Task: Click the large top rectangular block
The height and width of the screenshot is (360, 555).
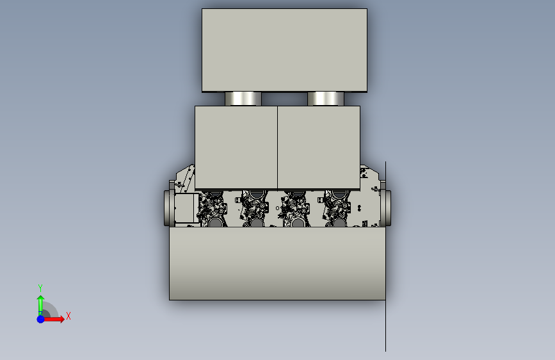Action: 284,50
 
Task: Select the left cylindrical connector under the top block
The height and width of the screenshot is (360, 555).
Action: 243,99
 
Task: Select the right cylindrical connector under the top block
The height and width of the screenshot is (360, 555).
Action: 326,99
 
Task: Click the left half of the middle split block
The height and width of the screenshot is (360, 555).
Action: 236,147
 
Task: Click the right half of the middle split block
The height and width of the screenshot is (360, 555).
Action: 319,147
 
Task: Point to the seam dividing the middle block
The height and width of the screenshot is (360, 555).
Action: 277,147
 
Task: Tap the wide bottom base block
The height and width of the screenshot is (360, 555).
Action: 277,264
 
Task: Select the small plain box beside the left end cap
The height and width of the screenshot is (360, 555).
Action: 185,208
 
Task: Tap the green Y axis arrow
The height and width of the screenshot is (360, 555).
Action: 40,302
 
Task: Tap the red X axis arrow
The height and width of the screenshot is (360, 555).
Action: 56,318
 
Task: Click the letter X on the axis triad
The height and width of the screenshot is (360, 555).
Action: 68,316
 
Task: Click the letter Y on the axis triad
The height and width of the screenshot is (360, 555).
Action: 40,288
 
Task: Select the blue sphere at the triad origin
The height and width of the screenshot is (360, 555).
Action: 40,318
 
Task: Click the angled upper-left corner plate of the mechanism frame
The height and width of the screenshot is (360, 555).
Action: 185,177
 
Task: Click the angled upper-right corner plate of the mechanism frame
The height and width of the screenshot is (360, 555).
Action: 369,177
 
